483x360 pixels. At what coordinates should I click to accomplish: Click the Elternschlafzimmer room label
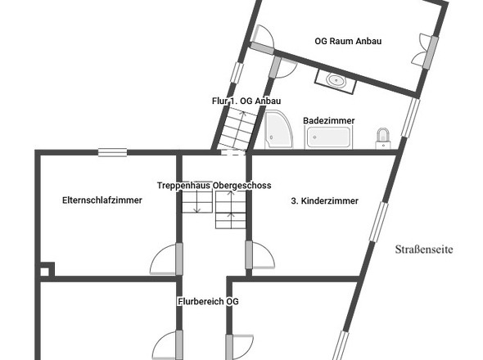[102, 200]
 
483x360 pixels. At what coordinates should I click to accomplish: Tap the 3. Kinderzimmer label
[325, 200]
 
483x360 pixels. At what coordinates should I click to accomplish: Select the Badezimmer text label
[328, 120]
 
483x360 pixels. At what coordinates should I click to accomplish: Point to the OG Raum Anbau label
[348, 41]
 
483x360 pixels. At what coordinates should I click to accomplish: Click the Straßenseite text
[424, 249]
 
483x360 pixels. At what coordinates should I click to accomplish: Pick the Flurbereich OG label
[208, 301]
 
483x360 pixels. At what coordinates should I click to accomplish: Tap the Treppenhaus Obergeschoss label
[214, 186]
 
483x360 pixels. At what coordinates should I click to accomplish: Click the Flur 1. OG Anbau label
[246, 101]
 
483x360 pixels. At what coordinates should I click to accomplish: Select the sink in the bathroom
[336, 81]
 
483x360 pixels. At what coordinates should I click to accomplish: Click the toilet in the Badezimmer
[383, 138]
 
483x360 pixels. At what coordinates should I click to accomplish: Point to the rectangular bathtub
[328, 137]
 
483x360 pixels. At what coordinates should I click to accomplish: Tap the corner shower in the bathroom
[278, 129]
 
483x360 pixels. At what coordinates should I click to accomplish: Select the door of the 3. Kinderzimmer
[260, 255]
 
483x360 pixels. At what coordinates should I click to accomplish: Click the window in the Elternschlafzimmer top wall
[112, 152]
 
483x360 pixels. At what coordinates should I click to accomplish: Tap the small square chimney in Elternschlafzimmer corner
[47, 270]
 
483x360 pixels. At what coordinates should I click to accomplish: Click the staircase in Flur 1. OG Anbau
[238, 128]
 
